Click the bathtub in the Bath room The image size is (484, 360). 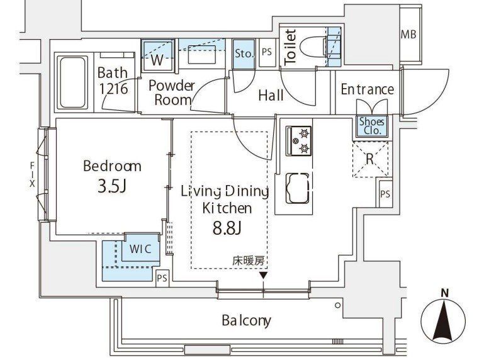tap(73, 82)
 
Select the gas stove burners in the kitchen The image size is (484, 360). tap(298, 141)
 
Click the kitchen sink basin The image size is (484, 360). tap(298, 188)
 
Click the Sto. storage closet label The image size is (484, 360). tap(244, 53)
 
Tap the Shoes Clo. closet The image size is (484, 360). tap(372, 127)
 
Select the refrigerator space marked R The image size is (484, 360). tap(371, 159)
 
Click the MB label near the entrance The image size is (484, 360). tap(408, 34)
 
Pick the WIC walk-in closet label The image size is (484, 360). tap(140, 249)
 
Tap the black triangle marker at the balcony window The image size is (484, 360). tap(263, 276)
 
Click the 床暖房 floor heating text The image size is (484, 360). tap(249, 261)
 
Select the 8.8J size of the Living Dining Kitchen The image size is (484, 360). tap(227, 228)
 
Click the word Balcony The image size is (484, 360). tap(246, 321)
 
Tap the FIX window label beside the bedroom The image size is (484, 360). tap(32, 175)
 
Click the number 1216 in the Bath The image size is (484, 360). tap(113, 89)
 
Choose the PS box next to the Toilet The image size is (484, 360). tap(267, 52)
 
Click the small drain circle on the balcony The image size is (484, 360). tap(337, 305)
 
